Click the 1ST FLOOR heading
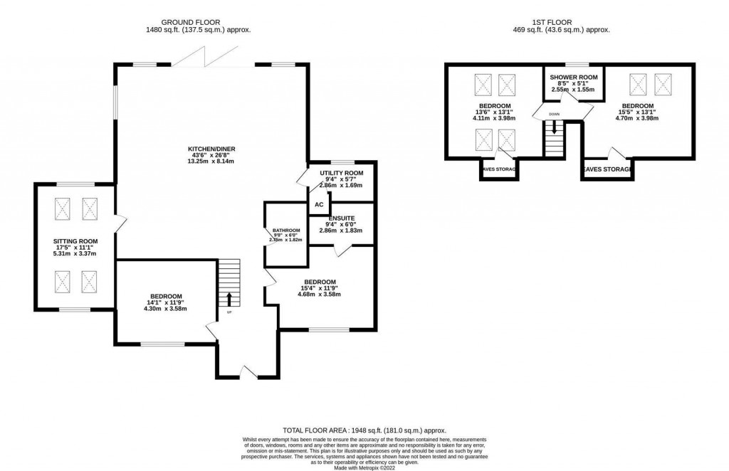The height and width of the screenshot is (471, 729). tap(562, 22)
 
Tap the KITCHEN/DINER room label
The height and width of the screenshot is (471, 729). tap(211, 149)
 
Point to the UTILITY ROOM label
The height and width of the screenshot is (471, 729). tap(342, 173)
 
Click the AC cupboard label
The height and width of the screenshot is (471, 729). tap(319, 205)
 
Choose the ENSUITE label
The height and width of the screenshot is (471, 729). tap(342, 218)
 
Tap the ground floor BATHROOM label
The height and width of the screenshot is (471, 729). tap(286, 231)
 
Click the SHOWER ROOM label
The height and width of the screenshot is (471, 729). tap(572, 77)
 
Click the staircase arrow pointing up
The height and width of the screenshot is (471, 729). tap(229, 298)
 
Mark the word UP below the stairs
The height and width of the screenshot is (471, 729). tap(229, 312)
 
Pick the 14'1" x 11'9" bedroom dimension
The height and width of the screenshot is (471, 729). tap(166, 302)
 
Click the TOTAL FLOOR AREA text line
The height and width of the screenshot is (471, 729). tap(364, 430)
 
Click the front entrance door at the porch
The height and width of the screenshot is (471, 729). tap(247, 371)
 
